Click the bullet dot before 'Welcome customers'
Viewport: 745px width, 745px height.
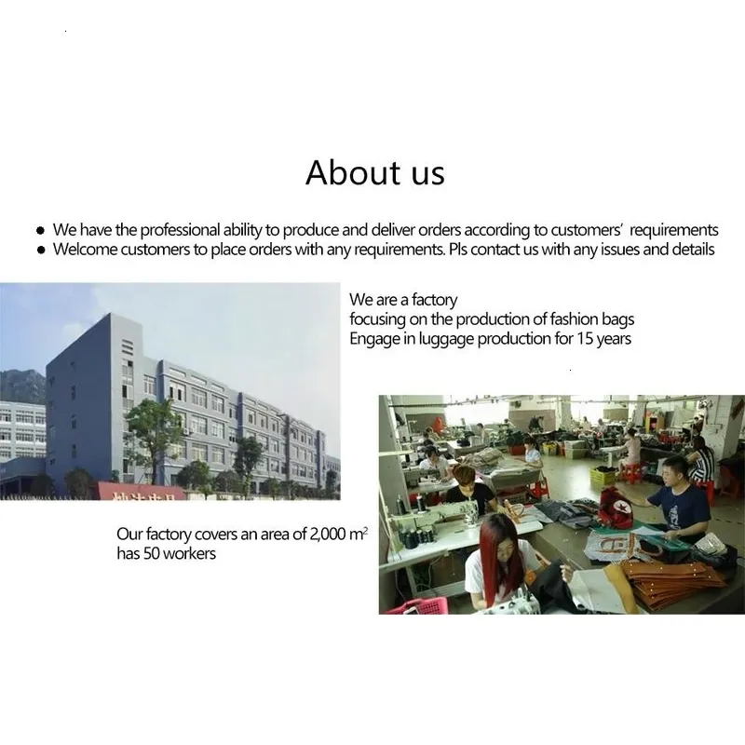41,250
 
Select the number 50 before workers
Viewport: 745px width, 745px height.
151,553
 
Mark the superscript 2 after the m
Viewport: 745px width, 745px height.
365,528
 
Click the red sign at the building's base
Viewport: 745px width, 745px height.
142,492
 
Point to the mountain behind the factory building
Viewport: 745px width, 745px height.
22,385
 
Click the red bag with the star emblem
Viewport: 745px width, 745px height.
616,507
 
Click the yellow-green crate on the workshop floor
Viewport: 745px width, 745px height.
603,475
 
